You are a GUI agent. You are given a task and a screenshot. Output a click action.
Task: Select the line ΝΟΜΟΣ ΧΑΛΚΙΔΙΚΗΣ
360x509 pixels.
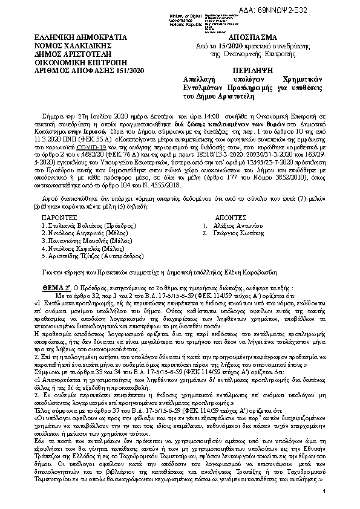[71, 45]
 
